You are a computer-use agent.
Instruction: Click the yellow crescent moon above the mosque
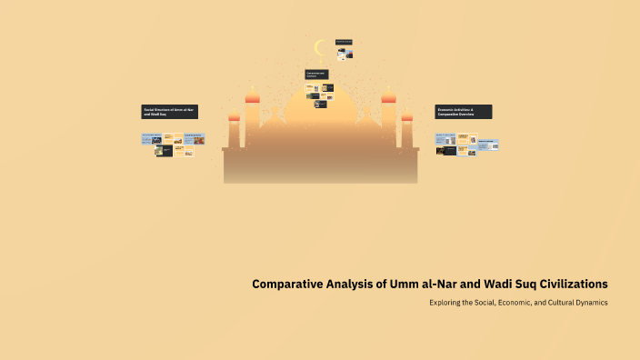pos(319,47)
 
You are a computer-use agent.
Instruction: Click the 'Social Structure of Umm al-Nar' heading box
pos(169,112)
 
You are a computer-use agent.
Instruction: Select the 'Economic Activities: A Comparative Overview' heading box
pos(464,112)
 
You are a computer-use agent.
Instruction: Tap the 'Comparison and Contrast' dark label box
pos(316,74)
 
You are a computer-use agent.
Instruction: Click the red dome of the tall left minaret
pos(253,97)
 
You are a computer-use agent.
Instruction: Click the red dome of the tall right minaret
pos(388,97)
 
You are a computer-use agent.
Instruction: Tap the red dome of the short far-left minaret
pos(234,116)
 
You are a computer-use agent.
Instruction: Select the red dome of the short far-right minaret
pos(407,116)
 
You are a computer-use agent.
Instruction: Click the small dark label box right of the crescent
pos(344,42)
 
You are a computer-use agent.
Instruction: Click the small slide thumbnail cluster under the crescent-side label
pos(345,54)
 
